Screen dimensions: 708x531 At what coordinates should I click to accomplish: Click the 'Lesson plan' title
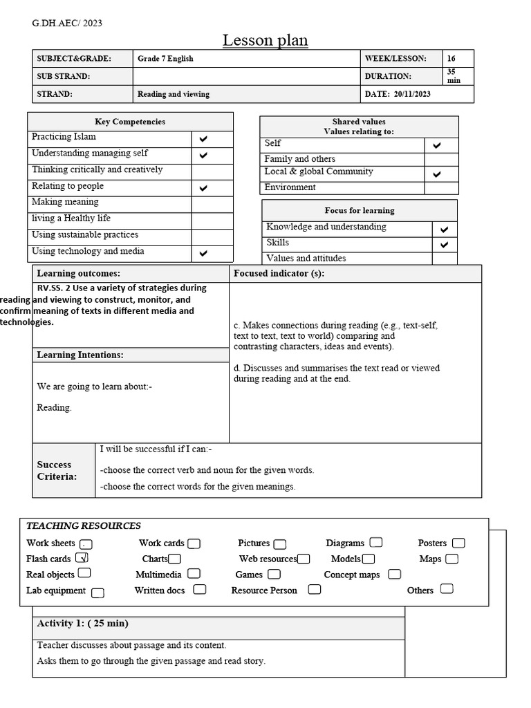point(265,41)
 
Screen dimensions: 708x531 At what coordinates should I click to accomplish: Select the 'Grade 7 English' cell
point(165,59)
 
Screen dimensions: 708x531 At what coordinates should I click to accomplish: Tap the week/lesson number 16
point(451,59)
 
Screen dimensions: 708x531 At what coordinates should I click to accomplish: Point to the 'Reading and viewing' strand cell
point(173,94)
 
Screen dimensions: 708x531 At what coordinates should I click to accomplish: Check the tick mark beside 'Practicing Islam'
point(203,139)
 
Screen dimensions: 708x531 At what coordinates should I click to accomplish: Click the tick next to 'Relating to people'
point(203,188)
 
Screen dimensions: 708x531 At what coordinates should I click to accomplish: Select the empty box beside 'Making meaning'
point(212,204)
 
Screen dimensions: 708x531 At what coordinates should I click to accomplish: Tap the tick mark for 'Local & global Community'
point(436,174)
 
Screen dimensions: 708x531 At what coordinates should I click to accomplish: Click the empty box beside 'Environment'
point(441,188)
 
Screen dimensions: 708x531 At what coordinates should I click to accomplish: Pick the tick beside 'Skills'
point(444,245)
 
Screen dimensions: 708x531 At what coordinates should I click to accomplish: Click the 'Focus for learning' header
point(360,210)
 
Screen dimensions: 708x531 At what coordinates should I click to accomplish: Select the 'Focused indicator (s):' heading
point(279,274)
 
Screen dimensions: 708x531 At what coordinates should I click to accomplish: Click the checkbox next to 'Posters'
point(458,543)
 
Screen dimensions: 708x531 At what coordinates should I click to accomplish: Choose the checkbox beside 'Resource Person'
point(315,590)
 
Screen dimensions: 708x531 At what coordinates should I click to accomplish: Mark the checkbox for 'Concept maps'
point(394,575)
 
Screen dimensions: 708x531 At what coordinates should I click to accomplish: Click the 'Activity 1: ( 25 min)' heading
point(82,624)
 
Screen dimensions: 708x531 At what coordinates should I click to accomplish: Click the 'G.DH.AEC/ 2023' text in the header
point(67,24)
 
